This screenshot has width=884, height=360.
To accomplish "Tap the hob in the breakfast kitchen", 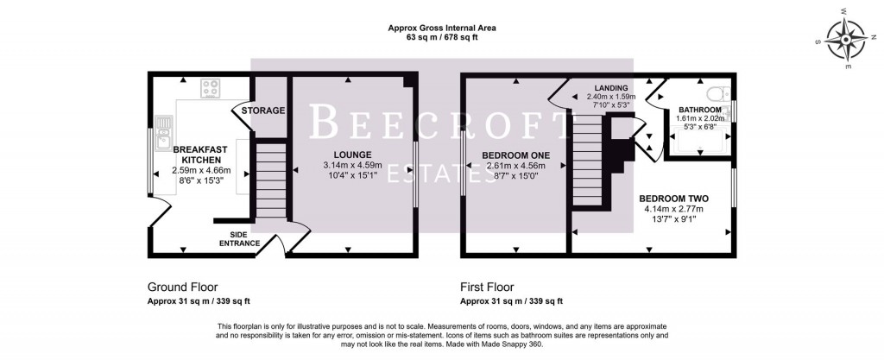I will point(212,87).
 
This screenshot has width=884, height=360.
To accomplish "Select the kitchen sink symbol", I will point(162,129).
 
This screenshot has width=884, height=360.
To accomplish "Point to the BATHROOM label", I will point(699,110).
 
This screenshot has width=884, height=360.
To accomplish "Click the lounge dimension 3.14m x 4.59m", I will point(348,165).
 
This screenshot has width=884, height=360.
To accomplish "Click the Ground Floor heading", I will point(182,287).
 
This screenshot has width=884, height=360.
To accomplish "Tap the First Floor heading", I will point(487,287).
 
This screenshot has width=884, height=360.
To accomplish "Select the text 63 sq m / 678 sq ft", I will point(441,39).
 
